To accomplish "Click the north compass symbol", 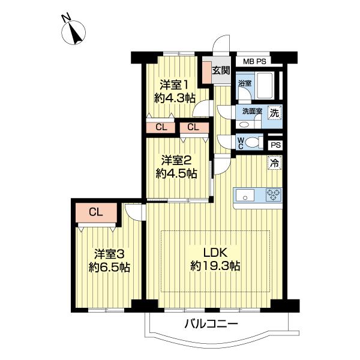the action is (x=73, y=32).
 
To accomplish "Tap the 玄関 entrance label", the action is (x=221, y=70).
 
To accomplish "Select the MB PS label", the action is (x=254, y=62).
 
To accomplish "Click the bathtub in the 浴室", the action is (x=265, y=85).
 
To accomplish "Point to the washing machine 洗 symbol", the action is (x=275, y=113).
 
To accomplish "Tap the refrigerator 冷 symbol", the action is (x=275, y=163).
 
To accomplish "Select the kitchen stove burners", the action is (x=274, y=195).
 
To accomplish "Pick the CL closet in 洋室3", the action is (x=96, y=212).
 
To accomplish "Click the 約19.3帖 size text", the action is (x=215, y=266).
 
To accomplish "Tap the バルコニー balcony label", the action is (x=211, y=324).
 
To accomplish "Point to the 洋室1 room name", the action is (x=175, y=85).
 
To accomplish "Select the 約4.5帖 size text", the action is (x=176, y=174).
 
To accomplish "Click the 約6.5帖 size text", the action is (x=109, y=268).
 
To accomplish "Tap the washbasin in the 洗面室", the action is (x=244, y=125).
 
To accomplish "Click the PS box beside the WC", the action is (x=275, y=145).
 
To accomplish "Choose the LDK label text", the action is (x=215, y=253).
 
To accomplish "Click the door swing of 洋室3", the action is (x=133, y=212).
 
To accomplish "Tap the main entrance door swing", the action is (x=221, y=44).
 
